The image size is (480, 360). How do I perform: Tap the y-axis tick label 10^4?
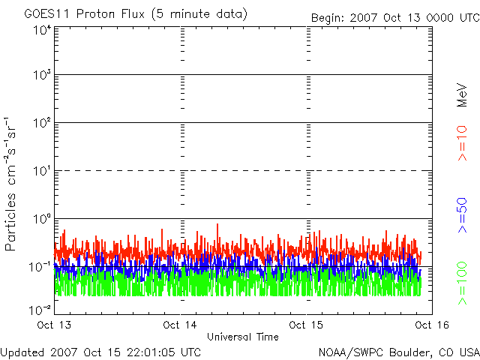point(41,31)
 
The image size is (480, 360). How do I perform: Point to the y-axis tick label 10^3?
point(41,76)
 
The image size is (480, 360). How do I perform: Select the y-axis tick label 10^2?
point(41,124)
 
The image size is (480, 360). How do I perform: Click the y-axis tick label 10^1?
point(41,172)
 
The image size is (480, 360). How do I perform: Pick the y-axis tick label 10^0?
point(41,220)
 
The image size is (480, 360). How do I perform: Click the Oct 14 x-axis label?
point(181,325)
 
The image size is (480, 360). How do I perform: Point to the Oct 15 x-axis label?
point(307,325)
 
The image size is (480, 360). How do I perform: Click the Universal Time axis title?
point(243,337)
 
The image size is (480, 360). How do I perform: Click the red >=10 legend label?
point(463,142)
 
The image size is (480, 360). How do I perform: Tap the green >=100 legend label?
point(463,282)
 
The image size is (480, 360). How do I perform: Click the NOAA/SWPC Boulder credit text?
point(398,351)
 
